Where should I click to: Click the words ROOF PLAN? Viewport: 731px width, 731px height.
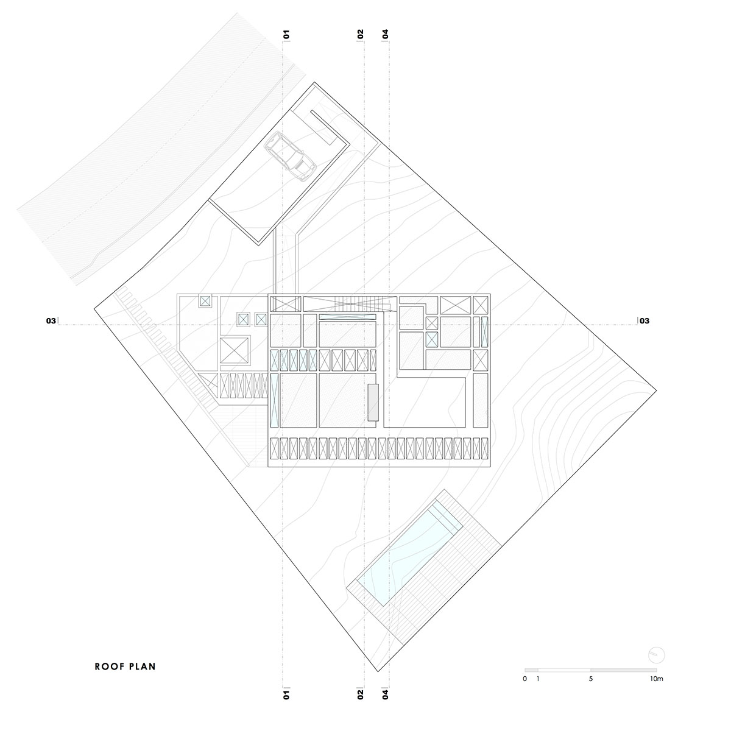click(125, 666)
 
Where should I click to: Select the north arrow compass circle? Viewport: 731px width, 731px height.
click(657, 655)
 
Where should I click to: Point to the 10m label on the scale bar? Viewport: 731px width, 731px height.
click(656, 679)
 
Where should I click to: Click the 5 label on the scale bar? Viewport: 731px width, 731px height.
click(591, 679)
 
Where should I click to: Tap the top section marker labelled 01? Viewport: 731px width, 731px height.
click(286, 35)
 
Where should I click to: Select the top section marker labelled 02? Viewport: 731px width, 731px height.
click(361, 35)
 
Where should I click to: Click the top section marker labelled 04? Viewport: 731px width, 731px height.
click(386, 35)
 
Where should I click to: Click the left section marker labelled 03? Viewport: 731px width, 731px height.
click(51, 321)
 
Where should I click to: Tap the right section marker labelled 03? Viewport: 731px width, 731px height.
click(644, 321)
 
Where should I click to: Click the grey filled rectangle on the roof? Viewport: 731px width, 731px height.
click(373, 403)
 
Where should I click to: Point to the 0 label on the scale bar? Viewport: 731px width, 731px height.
click(525, 679)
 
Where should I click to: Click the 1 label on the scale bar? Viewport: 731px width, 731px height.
click(538, 679)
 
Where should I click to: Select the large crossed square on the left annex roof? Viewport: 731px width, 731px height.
click(235, 350)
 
